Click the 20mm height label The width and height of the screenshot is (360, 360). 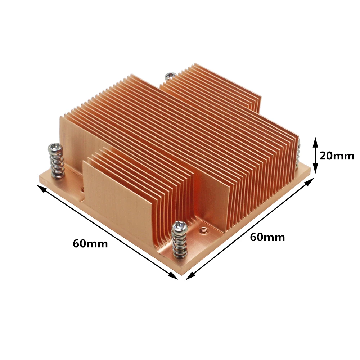point(337,156)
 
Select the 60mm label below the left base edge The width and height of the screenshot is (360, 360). point(90,243)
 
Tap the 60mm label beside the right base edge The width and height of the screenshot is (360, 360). point(267,237)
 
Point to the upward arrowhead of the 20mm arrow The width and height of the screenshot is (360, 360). point(315,141)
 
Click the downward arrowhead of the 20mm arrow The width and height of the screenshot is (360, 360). point(315,169)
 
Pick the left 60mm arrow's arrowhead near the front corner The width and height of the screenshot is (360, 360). point(174,275)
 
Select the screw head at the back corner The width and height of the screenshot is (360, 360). point(170,76)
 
